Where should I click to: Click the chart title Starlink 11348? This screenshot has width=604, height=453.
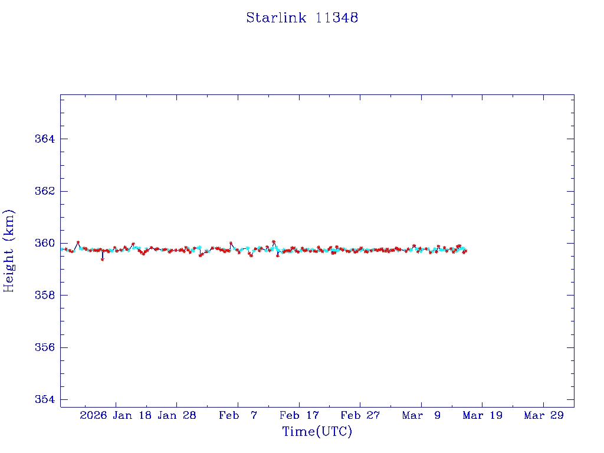pyautogui.click(x=302, y=18)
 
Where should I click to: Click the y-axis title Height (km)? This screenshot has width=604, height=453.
pyautogui.click(x=9, y=251)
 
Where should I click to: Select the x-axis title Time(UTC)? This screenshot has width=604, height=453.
pyautogui.click(x=317, y=432)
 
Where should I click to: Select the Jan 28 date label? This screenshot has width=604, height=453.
pyautogui.click(x=177, y=416)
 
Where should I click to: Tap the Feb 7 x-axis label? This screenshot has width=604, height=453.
pyautogui.click(x=238, y=416)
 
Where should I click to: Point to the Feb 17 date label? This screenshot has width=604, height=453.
pyautogui.click(x=299, y=416)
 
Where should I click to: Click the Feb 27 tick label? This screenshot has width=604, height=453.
pyautogui.click(x=360, y=416)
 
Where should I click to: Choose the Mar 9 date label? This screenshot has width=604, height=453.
pyautogui.click(x=421, y=416)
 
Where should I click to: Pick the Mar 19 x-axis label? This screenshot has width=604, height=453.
pyautogui.click(x=482, y=416)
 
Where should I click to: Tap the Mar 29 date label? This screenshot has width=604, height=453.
pyautogui.click(x=543, y=416)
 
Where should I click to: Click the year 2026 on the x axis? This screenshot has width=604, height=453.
pyautogui.click(x=93, y=416)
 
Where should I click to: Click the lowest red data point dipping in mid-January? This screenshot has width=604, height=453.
pyautogui.click(x=103, y=259)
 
